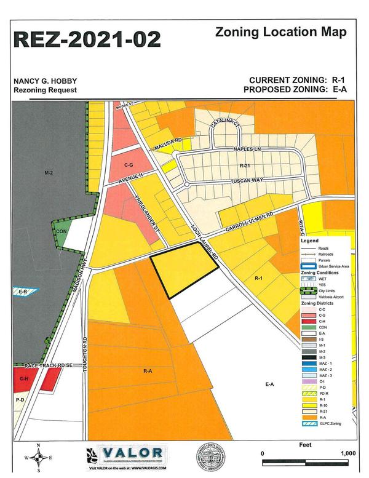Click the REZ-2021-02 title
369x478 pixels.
pos(87,39)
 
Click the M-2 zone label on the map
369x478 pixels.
pos(49,174)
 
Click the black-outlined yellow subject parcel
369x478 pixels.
pos(181,269)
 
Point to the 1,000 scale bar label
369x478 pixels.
pos(347,453)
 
